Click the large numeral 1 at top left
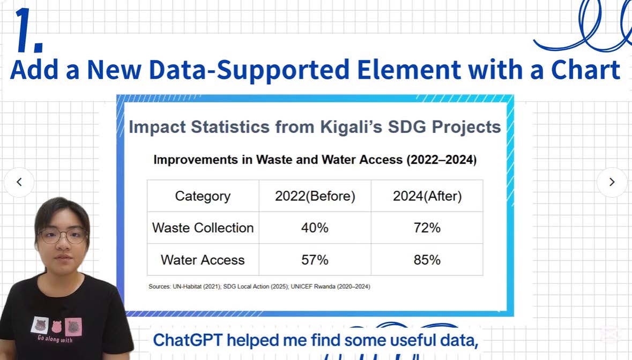point(29,31)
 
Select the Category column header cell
point(203,196)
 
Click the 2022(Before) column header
point(315,196)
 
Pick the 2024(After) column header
point(427,196)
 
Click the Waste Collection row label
point(203,228)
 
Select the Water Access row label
point(203,260)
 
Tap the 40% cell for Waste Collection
point(315,228)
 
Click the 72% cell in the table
point(427,228)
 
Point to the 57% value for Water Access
point(315,260)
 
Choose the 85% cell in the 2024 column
point(427,260)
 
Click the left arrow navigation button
point(19,182)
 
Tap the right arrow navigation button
point(612,182)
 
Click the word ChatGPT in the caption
point(188,340)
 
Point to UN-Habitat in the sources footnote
point(187,287)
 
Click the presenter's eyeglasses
point(63,236)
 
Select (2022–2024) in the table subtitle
point(441,160)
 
